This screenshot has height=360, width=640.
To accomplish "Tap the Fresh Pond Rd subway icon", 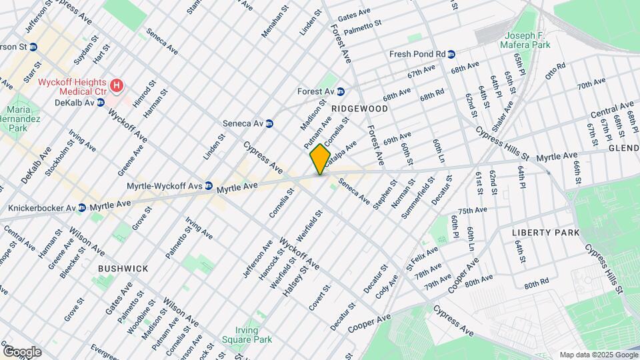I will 451,54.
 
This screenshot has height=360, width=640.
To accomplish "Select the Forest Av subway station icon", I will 340,91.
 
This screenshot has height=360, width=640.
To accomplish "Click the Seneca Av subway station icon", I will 269,123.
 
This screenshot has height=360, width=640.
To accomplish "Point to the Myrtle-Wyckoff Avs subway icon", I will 209,185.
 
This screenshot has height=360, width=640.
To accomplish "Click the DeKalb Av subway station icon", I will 101,102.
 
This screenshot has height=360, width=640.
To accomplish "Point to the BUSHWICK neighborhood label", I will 123,268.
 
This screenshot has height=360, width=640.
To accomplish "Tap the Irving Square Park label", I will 255,334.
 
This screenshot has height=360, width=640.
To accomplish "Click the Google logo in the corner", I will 21,351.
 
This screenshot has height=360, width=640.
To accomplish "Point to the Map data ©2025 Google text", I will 597,355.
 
